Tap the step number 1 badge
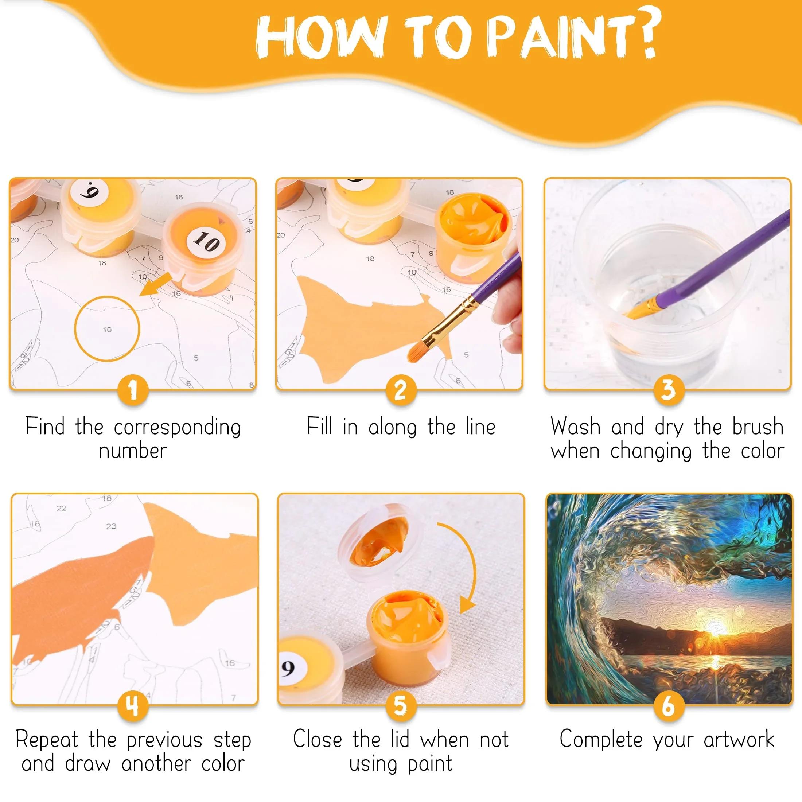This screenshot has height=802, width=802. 133,390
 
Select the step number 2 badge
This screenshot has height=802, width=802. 400,390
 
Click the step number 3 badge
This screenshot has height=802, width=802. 668,390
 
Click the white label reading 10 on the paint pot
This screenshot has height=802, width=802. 206,241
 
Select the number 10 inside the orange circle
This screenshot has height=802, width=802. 107,330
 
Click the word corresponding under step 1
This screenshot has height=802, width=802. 177,428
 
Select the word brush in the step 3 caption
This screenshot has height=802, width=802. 758,427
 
